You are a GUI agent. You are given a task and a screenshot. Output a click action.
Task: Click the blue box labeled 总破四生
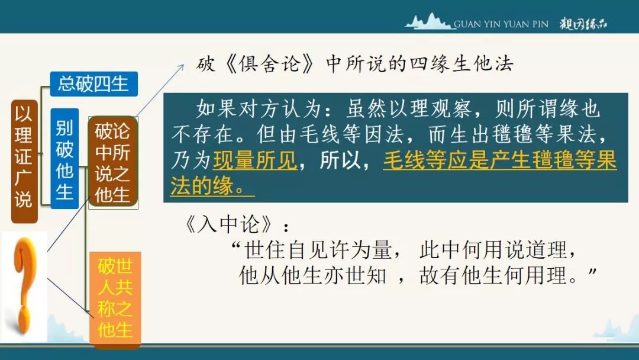(x=93, y=84)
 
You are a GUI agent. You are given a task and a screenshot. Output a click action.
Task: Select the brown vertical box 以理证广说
(x=24, y=162)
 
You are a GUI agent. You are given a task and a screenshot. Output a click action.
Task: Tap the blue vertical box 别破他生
(x=64, y=159)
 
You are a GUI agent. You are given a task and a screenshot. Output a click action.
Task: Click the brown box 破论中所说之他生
(x=113, y=163)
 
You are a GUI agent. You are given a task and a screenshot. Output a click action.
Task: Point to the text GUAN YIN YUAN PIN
(x=501, y=24)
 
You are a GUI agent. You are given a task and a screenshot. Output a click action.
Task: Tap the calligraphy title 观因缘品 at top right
(x=583, y=24)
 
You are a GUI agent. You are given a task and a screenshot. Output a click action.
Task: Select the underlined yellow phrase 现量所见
(x=255, y=160)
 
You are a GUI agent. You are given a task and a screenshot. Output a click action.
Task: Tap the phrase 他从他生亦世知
(x=312, y=275)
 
